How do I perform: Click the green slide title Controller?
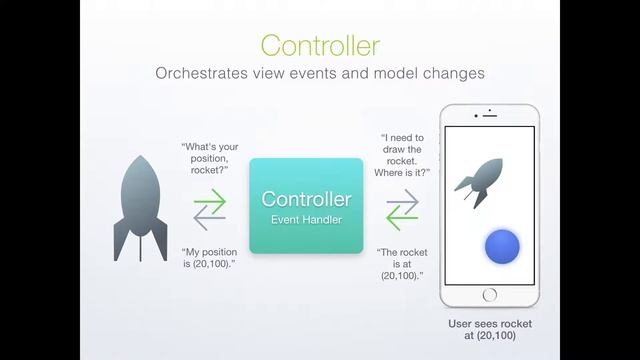(319, 45)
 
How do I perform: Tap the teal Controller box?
(306, 205)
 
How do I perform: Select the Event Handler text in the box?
(306, 218)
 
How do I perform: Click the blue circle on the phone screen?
(500, 246)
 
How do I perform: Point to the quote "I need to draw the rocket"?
(405, 155)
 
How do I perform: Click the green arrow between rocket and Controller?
(210, 199)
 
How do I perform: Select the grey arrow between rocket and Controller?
(210, 214)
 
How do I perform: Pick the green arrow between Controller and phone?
(402, 199)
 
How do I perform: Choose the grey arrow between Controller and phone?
(402, 214)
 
